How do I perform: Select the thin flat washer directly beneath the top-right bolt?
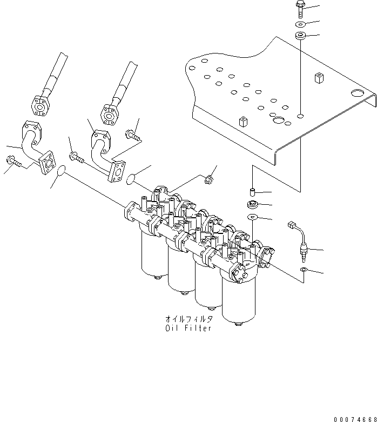coord(300,25)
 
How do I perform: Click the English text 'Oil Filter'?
coord(188,328)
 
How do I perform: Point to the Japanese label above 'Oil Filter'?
coord(188,319)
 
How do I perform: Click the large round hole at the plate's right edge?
coord(356,92)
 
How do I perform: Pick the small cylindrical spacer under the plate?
coord(252,192)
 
